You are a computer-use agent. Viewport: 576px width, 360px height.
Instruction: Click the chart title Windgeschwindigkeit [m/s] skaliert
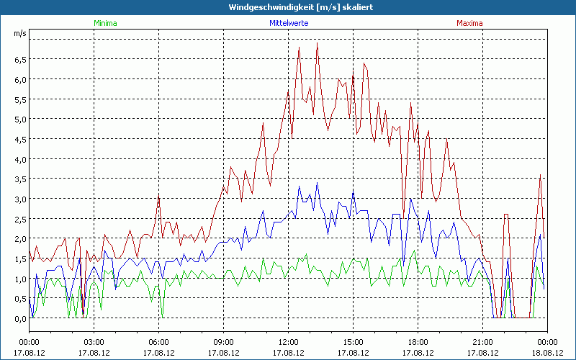(287, 6)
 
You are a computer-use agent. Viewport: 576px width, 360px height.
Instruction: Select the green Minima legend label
(105, 22)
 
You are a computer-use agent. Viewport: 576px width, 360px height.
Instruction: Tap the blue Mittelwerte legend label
(289, 22)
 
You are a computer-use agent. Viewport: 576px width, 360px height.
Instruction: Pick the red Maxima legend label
(470, 22)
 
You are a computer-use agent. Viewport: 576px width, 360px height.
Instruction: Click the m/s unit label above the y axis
(19, 33)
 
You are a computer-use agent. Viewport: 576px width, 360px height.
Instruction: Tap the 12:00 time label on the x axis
(288, 342)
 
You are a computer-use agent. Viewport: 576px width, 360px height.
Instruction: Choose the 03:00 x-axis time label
(94, 342)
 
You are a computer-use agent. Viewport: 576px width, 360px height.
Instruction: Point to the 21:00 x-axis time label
(482, 342)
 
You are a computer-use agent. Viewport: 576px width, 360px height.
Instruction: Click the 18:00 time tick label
(418, 342)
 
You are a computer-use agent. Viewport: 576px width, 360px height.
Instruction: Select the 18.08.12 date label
(547, 352)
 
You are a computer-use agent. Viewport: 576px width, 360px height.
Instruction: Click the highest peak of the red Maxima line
(318, 43)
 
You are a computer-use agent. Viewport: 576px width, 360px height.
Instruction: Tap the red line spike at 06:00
(159, 195)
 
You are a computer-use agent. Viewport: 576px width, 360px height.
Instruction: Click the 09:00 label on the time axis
(223, 342)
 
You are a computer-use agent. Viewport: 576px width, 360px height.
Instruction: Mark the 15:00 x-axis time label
(353, 342)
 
